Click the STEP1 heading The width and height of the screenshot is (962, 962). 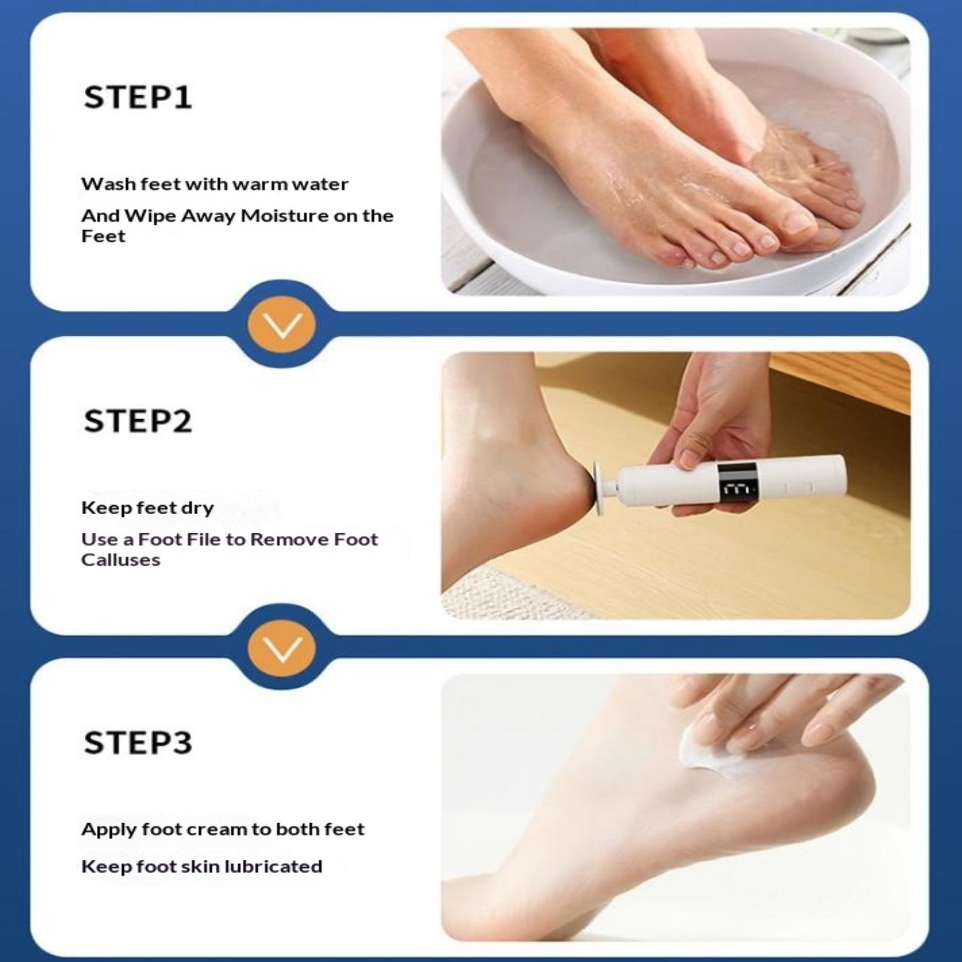click(138, 97)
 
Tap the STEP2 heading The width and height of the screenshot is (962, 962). click(138, 421)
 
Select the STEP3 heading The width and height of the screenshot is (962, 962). click(138, 743)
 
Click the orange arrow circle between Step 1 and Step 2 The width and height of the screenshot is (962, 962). click(282, 325)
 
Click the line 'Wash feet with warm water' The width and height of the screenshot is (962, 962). click(215, 184)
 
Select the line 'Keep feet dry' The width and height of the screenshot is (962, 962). click(147, 508)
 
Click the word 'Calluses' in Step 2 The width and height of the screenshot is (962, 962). click(121, 560)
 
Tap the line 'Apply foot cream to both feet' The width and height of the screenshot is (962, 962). click(223, 830)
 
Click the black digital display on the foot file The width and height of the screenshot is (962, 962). click(737, 483)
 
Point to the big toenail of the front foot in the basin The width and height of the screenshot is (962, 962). click(798, 223)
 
